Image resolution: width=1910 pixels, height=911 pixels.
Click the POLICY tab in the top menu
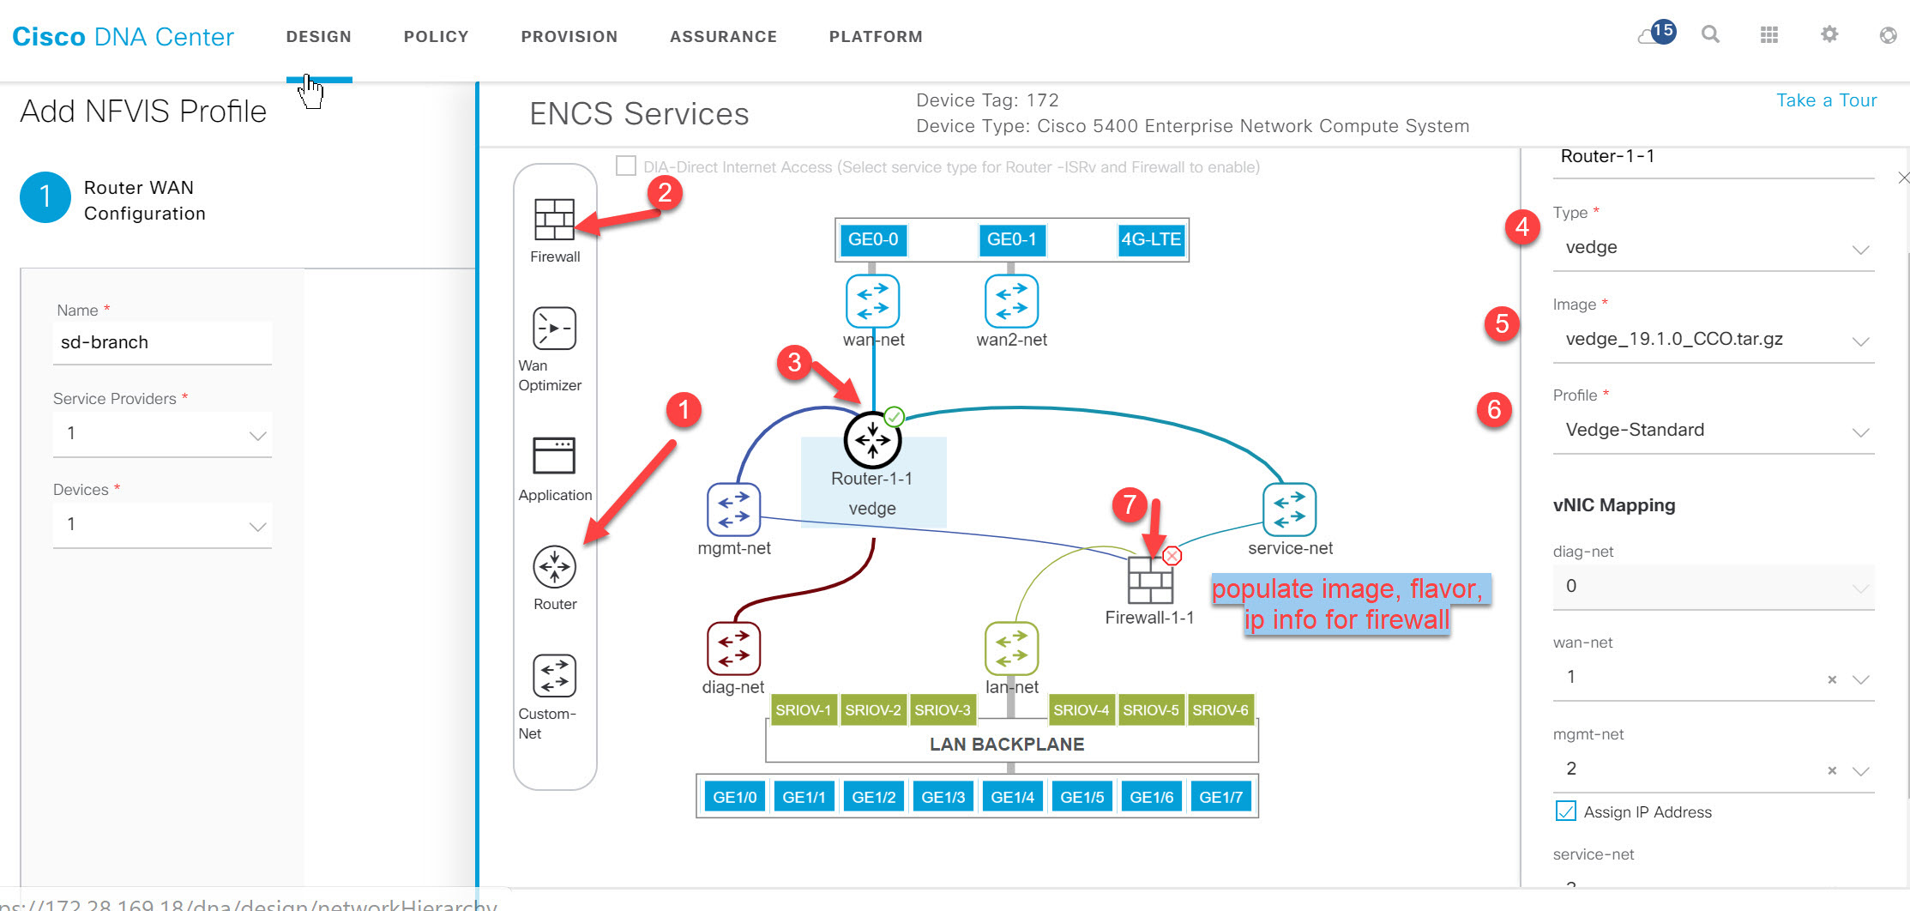pos(436,37)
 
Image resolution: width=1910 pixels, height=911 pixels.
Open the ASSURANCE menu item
pos(723,37)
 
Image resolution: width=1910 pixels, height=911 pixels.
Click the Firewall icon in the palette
pos(554,220)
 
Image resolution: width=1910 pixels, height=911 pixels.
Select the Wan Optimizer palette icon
pos(554,329)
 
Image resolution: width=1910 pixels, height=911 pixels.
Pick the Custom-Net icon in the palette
pos(554,676)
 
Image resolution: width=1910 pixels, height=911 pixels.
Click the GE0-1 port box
pos(1011,239)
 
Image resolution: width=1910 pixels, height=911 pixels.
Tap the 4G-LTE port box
pos(1151,239)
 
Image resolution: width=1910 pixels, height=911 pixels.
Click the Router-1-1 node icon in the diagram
pos(872,440)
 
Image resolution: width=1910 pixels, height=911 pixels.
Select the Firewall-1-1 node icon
pos(1149,581)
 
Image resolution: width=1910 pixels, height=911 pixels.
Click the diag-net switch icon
pos(733,649)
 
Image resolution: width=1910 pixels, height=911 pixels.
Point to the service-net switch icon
pos(1289,510)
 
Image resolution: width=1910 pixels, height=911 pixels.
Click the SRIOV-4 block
pos(1081,710)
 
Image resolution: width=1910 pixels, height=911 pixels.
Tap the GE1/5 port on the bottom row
pos(1082,797)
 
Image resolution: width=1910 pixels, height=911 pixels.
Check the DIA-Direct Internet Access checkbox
pos(626,166)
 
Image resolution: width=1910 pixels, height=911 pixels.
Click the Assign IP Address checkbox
pos(1565,811)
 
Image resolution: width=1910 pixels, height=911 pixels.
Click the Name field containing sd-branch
pos(162,342)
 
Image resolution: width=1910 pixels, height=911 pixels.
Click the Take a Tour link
pos(1826,100)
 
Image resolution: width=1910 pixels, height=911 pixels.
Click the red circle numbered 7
pos(1130,504)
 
